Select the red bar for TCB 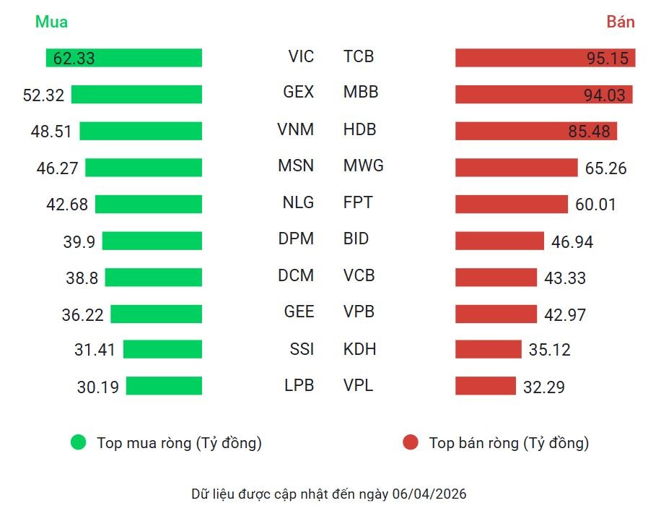[545, 58]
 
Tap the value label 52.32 [43, 95]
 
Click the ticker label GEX [299, 93]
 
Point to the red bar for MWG [516, 168]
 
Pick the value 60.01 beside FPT [595, 205]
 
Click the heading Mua [51, 22]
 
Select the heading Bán [620, 22]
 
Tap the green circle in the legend [78, 442]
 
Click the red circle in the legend [410, 442]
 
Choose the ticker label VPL [358, 385]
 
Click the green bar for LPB [164, 386]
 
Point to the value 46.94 [572, 241]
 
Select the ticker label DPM [296, 239]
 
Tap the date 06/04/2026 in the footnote [429, 494]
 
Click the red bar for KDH [488, 349]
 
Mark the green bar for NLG [148, 204]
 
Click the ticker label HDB [359, 129]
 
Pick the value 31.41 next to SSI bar [95, 350]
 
